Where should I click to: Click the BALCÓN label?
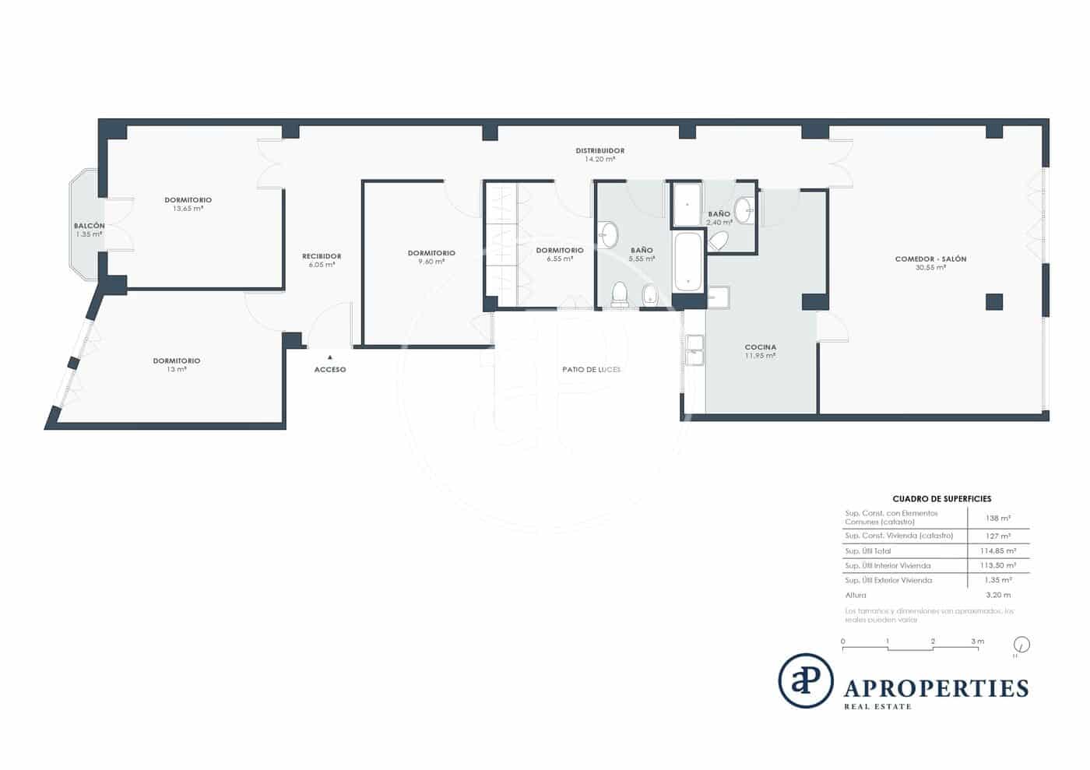tap(89, 226)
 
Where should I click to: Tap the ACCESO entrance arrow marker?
tap(330, 357)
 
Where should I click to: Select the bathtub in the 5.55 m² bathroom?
tap(687, 262)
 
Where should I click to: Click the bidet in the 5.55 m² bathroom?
tap(649, 294)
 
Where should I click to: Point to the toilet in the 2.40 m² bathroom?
tap(719, 241)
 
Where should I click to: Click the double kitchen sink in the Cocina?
tap(693, 350)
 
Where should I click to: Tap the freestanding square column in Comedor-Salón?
tap(993, 301)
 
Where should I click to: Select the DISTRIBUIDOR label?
tap(599, 150)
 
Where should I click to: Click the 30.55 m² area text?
tap(930, 267)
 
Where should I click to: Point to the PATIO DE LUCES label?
tap(591, 369)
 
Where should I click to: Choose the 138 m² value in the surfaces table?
tap(997, 518)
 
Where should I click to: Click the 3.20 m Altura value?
tap(997, 595)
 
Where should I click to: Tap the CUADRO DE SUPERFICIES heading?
tap(941, 498)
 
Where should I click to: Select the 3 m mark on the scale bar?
tap(977, 642)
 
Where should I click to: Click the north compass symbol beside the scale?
tap(1021, 645)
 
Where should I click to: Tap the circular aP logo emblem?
tap(806, 680)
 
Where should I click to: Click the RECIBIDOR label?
tap(322, 256)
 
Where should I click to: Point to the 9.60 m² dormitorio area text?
tap(431, 262)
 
